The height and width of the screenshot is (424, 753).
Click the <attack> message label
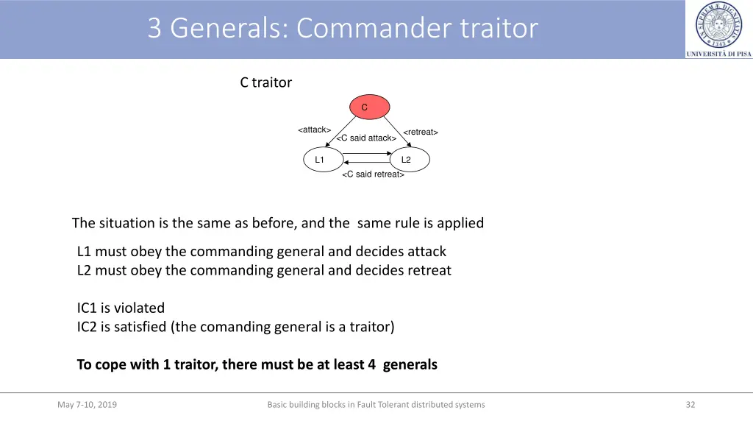coord(314,130)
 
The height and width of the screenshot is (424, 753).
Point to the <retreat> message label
coord(420,132)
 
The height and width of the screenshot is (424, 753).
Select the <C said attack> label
coord(366,138)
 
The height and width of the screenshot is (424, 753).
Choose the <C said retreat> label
coord(373,174)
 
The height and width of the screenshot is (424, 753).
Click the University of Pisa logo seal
coord(718,25)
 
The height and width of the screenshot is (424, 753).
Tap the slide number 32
coord(690,404)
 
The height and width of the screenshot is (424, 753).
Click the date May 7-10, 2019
coord(87,404)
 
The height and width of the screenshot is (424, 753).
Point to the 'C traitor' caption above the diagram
coord(265,82)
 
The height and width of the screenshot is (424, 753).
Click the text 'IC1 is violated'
coord(121,308)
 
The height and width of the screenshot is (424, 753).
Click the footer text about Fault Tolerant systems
coord(376,404)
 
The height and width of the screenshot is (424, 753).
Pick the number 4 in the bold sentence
coord(372,364)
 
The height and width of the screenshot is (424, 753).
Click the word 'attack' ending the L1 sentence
coord(424,251)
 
